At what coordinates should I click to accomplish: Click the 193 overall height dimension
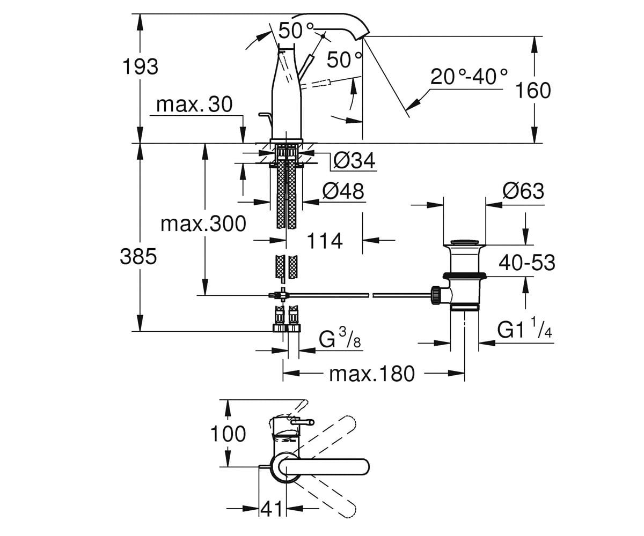140,67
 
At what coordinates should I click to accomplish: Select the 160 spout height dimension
533,91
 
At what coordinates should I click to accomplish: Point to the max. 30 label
194,105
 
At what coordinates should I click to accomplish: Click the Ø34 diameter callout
354,160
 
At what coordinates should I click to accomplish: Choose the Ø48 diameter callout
343,191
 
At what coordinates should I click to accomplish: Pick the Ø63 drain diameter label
523,191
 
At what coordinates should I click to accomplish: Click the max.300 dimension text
203,224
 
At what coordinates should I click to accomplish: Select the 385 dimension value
138,257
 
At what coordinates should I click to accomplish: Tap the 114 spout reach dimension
325,241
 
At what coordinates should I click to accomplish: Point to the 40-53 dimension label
527,263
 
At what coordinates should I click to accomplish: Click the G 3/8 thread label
340,338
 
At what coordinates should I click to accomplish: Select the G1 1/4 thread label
525,329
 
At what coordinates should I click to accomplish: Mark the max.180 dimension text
372,374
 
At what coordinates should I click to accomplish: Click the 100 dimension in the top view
228,434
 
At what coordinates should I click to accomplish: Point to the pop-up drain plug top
465,242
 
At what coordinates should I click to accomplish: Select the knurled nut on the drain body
435,295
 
